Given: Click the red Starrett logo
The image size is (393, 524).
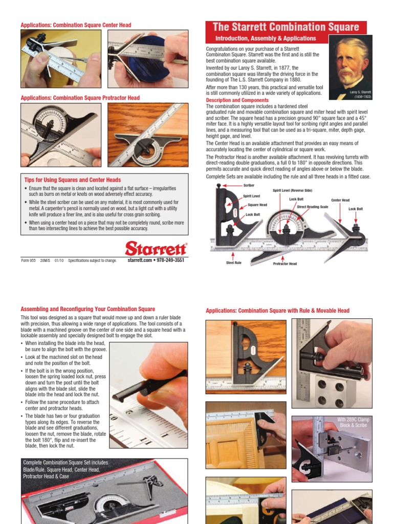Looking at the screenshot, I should pos(156,249).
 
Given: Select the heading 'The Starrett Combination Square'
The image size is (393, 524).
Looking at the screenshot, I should pos(286,27).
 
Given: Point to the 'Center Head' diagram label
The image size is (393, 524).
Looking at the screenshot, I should pos(340,200).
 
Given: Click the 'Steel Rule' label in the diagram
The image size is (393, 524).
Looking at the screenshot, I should pos(233,263).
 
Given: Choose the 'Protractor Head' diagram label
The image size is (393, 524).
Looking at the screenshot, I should pos(285,264).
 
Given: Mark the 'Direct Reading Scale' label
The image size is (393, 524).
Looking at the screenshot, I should pos(313,207).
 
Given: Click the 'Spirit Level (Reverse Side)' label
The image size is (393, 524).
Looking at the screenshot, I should pos(292,190).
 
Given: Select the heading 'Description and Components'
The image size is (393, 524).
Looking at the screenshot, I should pos(234,100).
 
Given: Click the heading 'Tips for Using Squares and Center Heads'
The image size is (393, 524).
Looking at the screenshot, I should pos(73,180).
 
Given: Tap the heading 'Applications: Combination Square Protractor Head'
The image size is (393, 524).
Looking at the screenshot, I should pos(80,98).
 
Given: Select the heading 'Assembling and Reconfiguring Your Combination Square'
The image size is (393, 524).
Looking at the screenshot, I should pos(88,309).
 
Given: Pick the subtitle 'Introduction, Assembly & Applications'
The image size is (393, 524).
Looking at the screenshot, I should pos(266,38).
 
